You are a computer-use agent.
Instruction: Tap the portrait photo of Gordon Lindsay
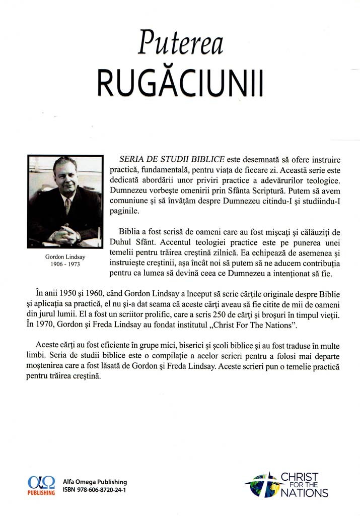(64, 200)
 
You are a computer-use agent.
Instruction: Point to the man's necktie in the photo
(68, 207)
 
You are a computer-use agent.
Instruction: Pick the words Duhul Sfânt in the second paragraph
(129, 243)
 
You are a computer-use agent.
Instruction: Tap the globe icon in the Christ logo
(261, 485)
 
